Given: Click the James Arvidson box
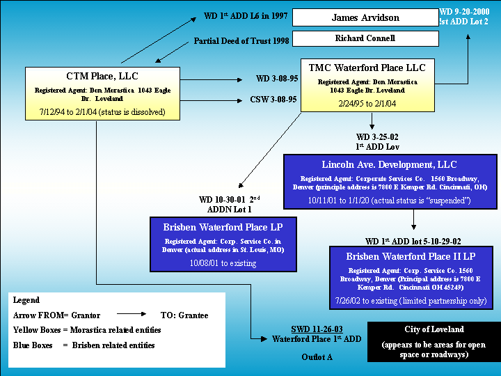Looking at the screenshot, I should coord(365,17).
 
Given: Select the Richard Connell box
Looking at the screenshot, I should coord(365,38).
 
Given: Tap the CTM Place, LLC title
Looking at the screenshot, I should coord(102,76).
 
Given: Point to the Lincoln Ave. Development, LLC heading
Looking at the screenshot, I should coord(389,164).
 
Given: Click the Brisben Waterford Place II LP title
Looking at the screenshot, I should coord(411,256).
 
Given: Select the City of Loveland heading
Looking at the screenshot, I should coord(434,329).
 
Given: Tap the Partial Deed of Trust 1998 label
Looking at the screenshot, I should coord(241,40).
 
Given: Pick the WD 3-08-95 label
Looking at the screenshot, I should coord(276,79).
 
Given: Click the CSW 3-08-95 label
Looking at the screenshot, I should coord(273,100).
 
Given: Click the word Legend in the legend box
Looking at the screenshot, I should coord(26,300).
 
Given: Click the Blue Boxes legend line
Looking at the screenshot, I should coord(83,345).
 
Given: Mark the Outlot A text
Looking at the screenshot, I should coord(317,357).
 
